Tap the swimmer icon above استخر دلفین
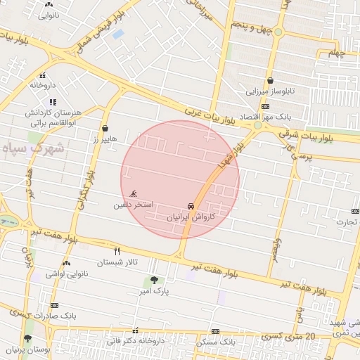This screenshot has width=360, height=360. coord(134,194)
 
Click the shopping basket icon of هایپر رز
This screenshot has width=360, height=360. coord(105,129)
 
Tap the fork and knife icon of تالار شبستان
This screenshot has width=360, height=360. coord(117,250)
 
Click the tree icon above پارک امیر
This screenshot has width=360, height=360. coord(155,279)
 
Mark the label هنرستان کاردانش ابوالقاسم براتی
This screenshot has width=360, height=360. coord(54,117)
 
